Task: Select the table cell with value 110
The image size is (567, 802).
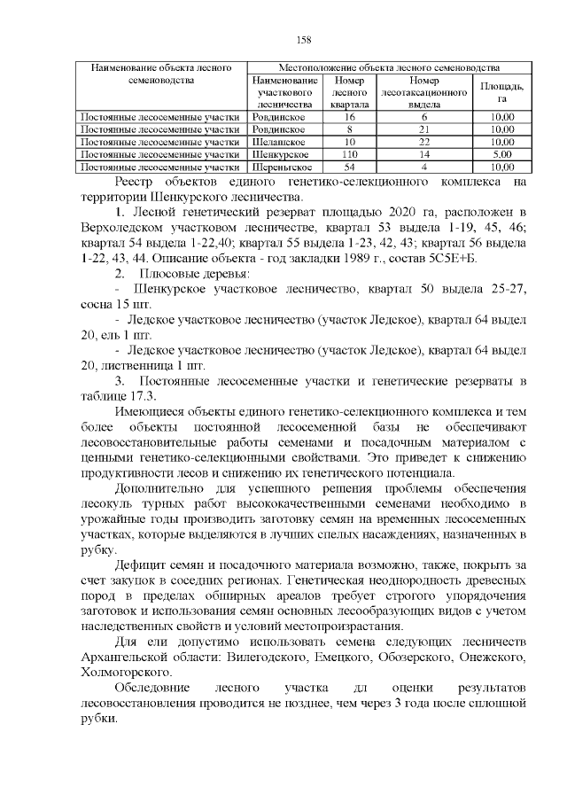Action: click(x=349, y=153)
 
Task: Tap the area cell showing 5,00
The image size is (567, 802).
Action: click(x=501, y=153)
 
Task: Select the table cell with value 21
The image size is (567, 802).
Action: click(x=424, y=128)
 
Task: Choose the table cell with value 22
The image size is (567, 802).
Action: click(x=424, y=141)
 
